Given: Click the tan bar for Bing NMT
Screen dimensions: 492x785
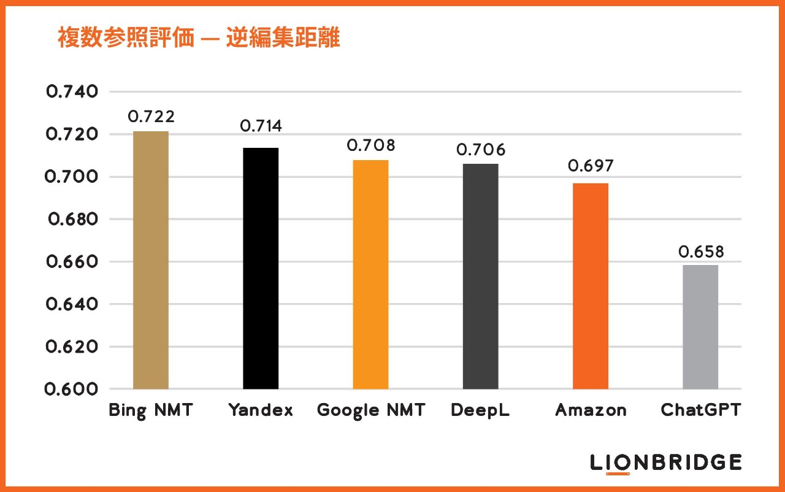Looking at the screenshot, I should click(150, 260).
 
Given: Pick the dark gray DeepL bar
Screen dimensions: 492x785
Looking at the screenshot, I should click(480, 276).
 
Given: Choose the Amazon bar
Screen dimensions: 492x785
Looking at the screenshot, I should click(591, 286).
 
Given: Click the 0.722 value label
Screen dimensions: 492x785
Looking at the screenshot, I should click(151, 117).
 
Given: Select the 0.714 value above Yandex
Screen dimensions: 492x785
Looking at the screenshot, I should click(261, 126).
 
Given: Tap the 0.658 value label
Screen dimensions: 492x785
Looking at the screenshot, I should click(700, 252).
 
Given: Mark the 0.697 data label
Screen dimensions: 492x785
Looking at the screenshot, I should click(591, 166).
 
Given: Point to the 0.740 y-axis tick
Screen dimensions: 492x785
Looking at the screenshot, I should click(72, 92).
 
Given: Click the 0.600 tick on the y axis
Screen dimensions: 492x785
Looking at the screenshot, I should click(72, 389).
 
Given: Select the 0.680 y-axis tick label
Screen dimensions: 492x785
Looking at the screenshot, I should click(72, 219).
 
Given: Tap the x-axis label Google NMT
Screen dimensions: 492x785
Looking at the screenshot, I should click(370, 410).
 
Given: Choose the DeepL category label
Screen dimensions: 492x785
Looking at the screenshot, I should click(480, 410).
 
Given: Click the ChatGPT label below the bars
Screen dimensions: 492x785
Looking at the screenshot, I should click(700, 410).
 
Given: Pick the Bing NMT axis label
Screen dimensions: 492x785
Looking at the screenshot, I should click(151, 410).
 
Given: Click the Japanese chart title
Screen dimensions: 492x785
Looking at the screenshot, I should click(199, 39).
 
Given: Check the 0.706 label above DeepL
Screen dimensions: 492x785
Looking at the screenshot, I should click(481, 150).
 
